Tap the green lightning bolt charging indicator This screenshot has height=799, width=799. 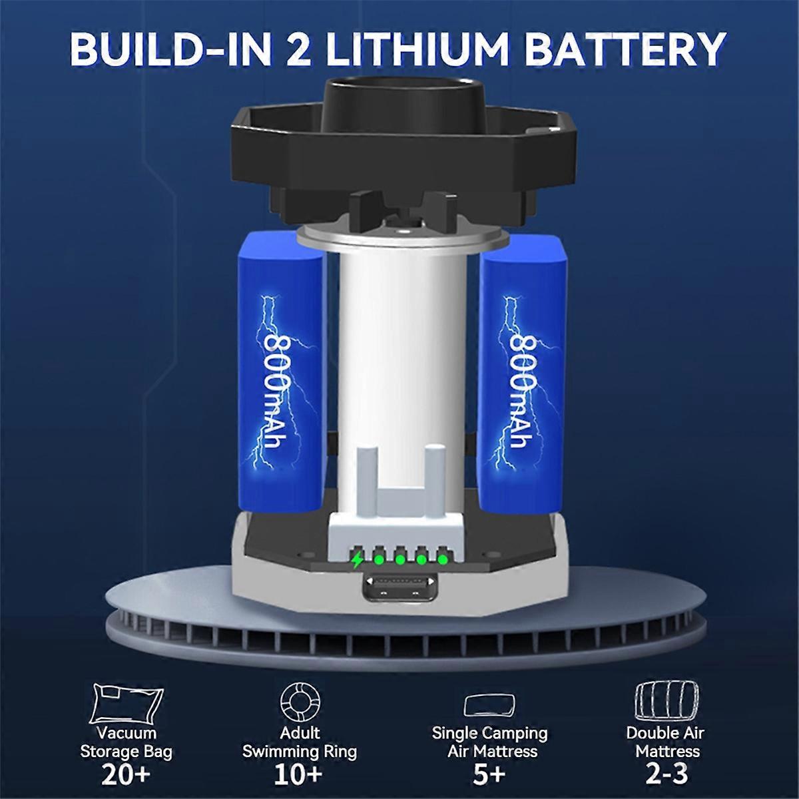357,561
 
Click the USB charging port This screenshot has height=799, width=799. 400,589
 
